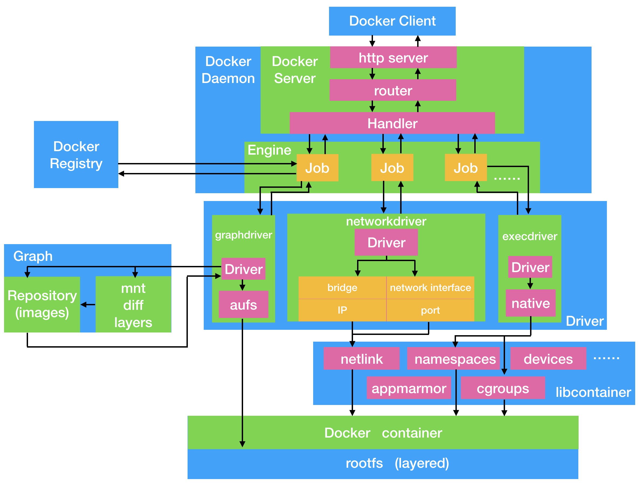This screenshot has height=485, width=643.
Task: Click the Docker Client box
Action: coord(392,21)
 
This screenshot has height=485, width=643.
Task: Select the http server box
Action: coord(393,58)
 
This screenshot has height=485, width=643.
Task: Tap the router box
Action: coord(393,90)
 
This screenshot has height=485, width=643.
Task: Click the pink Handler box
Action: coord(392,123)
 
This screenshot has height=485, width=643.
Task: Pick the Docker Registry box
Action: coord(76,155)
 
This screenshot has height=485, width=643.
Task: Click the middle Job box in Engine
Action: coord(392,168)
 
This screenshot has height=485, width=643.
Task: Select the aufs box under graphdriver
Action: coord(243,304)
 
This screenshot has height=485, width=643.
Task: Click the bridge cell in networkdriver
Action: coord(342,287)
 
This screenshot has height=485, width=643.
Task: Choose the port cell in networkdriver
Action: coord(430,310)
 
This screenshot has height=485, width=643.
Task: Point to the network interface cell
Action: coord(430,287)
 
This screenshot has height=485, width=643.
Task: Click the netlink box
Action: coord(361,359)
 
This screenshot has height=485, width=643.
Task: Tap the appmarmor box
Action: coord(409,388)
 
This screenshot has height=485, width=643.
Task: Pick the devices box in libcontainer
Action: coord(548,359)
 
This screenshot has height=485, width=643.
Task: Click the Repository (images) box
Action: coord(42,304)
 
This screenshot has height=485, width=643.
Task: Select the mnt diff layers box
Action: coord(133,304)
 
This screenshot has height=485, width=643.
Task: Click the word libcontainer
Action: coord(593,392)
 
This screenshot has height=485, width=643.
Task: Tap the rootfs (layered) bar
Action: coord(383,463)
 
